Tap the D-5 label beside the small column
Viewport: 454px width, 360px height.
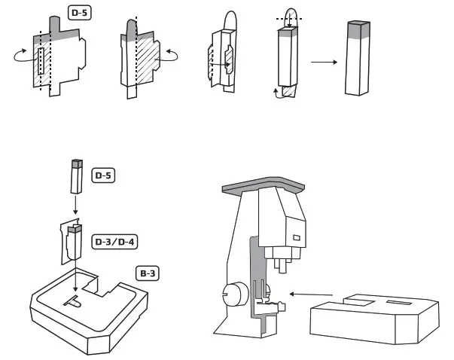pos(103,176)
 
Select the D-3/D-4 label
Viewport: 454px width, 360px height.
pos(112,242)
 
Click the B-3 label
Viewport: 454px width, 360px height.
pos(150,273)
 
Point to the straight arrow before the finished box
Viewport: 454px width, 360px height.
pos(325,62)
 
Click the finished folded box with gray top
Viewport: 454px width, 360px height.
pos(359,58)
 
